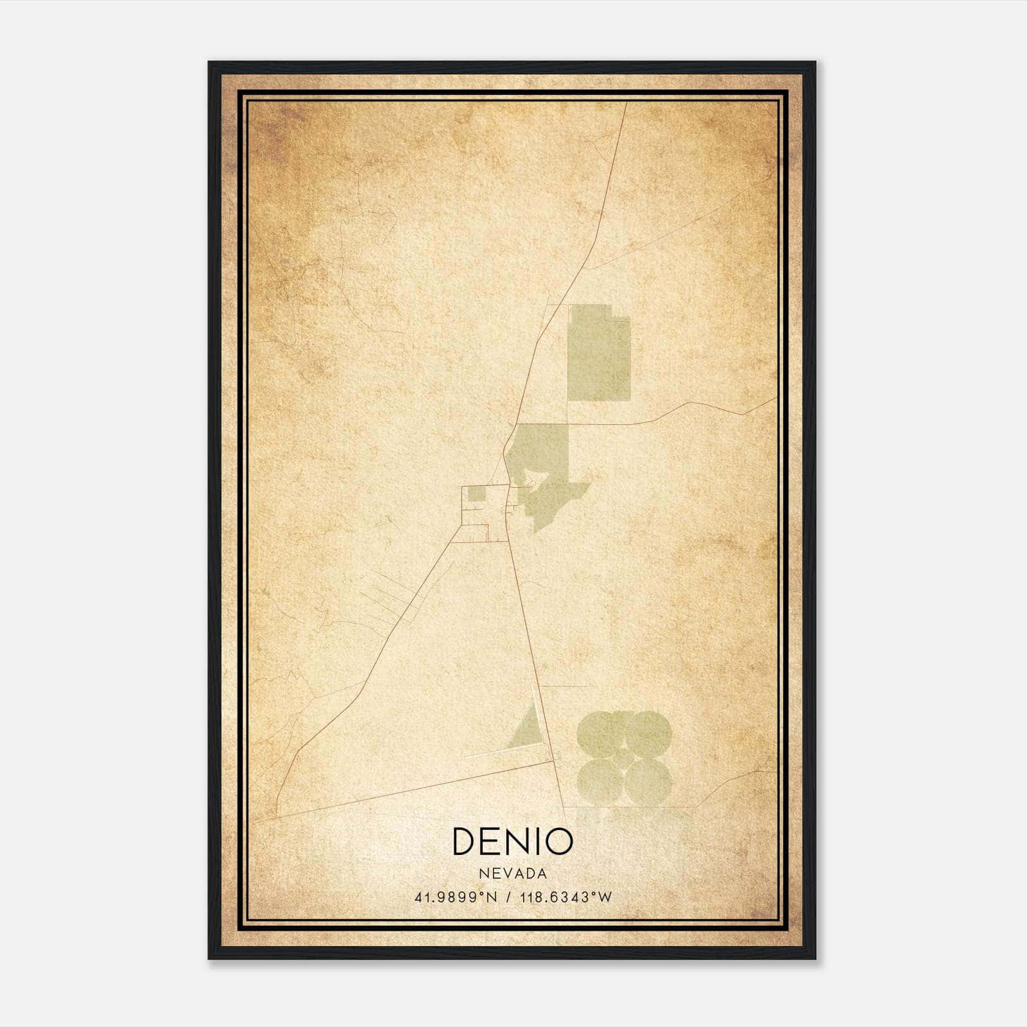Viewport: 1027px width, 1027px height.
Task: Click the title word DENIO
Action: coord(512,841)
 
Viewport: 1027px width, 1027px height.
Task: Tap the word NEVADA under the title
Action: coord(512,874)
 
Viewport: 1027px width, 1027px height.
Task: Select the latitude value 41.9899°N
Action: coord(456,897)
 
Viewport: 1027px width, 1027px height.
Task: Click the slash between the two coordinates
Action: coord(508,897)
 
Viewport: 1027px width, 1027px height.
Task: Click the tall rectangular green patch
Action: coord(599,353)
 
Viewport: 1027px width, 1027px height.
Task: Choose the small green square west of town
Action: coord(476,494)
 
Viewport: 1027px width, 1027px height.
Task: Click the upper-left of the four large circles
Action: coord(600,734)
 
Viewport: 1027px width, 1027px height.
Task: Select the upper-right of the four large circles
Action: coord(648,734)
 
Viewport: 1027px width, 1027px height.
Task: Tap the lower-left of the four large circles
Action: coord(600,782)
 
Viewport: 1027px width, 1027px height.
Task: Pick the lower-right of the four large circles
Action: coord(648,782)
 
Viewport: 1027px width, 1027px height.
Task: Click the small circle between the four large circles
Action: coord(623,758)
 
